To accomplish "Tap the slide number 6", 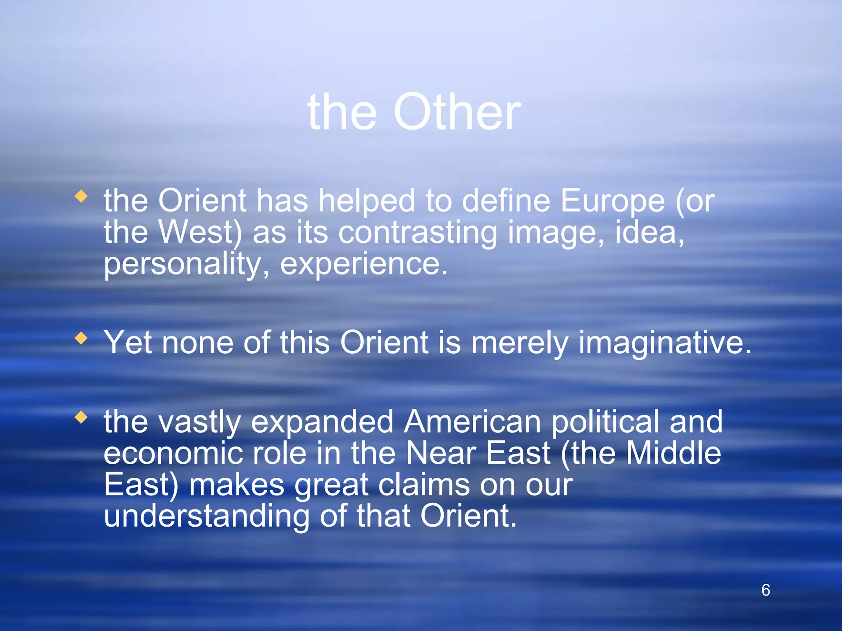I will pyautogui.click(x=766, y=590).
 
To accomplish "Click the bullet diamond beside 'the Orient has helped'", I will pyautogui.click(x=81, y=196).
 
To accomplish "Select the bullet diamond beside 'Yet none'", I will pyautogui.click(x=81, y=339).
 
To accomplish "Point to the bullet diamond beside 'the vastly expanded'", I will pyautogui.click(x=81, y=418).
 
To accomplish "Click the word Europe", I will pyautogui.click(x=613, y=201).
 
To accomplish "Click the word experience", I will pyautogui.click(x=363, y=264).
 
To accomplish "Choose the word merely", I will pyautogui.click(x=520, y=343).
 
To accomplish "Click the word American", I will pyautogui.click(x=472, y=422).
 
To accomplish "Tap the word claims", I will pyautogui.click(x=423, y=485).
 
